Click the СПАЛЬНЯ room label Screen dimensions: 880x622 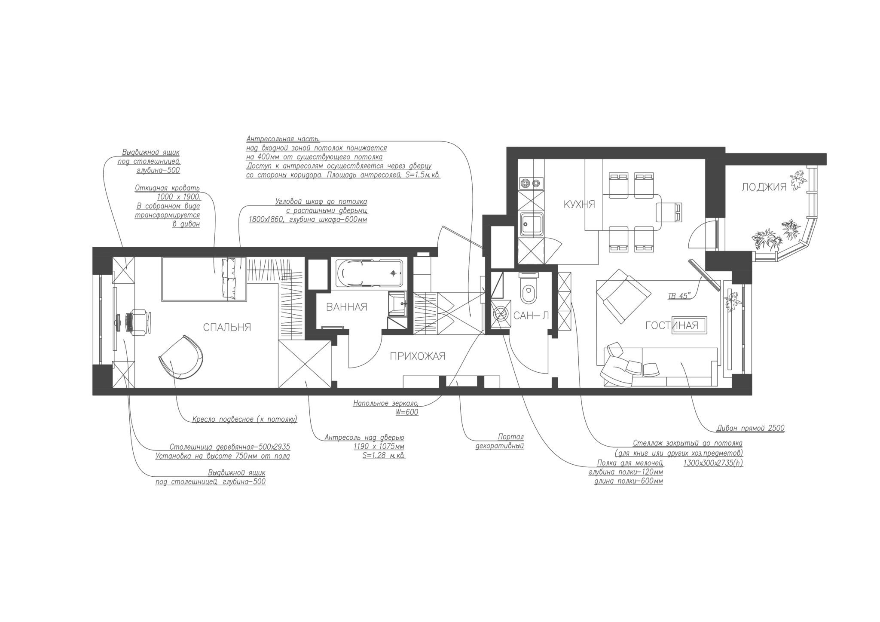pos(227,328)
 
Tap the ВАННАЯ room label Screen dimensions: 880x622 pos(346,307)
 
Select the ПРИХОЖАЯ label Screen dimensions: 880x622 pos(417,356)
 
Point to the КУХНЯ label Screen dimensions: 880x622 pos(579,205)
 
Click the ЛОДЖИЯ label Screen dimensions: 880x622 pos(764,187)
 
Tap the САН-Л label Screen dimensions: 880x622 pos(531,316)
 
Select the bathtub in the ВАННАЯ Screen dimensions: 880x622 pos(370,273)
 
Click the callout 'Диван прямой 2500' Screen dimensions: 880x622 pos(751,428)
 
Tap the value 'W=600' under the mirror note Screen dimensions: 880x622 pos(407,412)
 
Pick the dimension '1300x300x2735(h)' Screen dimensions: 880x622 pos(713,463)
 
